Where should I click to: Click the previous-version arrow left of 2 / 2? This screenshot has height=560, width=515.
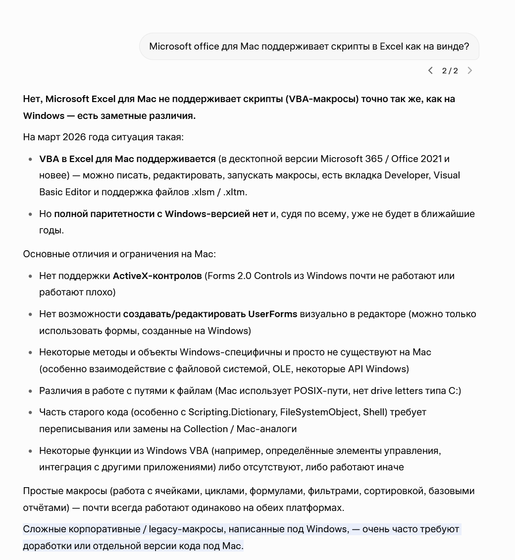pos(430,71)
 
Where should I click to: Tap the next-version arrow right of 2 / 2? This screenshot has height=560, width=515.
pos(470,71)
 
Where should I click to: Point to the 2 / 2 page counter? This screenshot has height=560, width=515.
pos(450,71)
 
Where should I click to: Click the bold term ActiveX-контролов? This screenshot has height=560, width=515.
pos(157,276)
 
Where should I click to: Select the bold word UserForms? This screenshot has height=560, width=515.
pos(272,314)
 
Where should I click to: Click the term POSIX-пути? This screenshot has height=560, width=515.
pos(321,391)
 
